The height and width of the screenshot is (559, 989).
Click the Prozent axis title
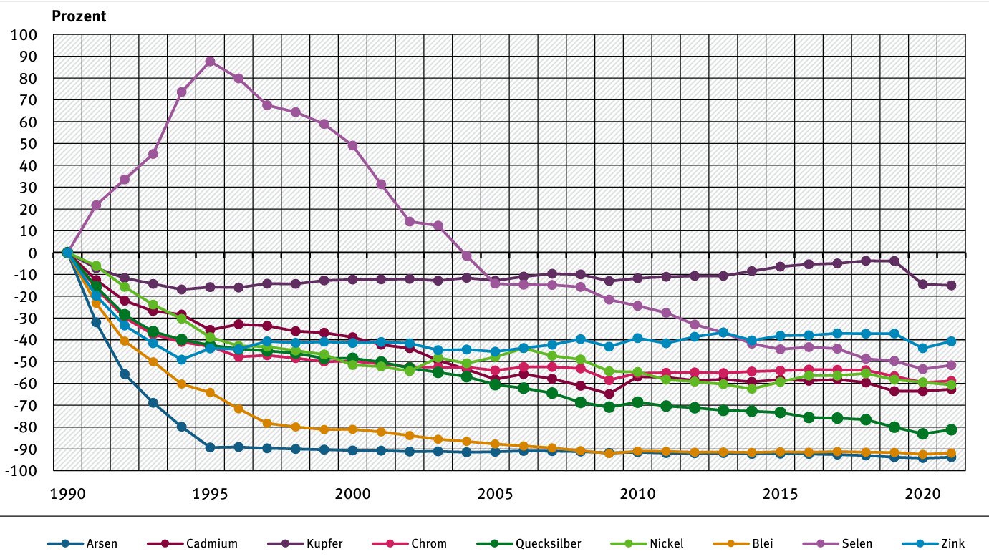pos(79,16)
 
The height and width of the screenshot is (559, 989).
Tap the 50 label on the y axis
pos(28,144)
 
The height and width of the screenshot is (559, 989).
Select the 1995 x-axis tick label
pos(210,494)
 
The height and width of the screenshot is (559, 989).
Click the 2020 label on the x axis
pos(922,494)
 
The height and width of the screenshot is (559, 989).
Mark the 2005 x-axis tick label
pos(495,494)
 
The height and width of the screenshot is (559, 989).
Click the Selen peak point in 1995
pos(210,62)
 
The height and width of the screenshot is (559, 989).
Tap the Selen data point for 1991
pos(96,205)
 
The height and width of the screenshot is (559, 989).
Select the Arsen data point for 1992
pos(125,374)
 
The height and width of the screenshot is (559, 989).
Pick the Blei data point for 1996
pos(238,409)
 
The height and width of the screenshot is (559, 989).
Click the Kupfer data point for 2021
pos(951,286)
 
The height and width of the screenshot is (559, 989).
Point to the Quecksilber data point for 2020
pos(922,434)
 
